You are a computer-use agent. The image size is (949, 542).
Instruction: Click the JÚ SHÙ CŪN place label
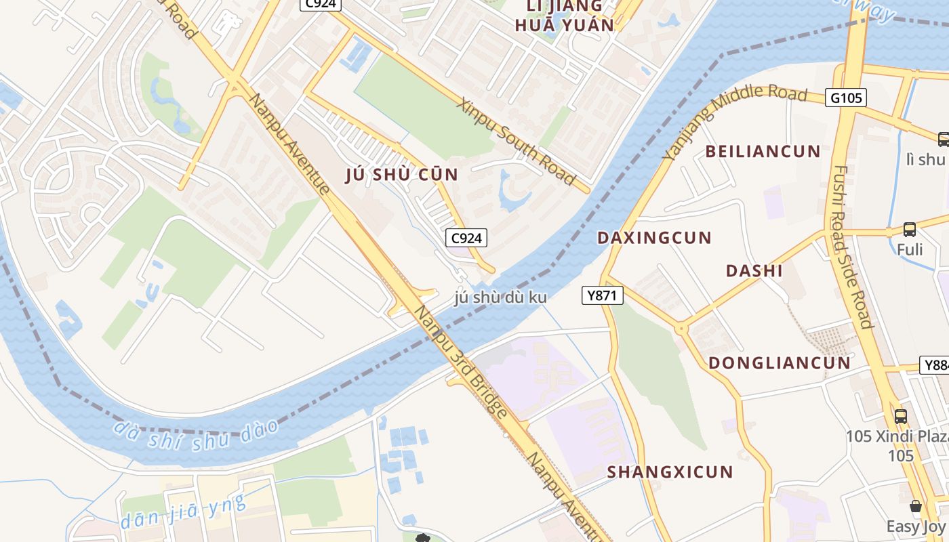click(x=402, y=174)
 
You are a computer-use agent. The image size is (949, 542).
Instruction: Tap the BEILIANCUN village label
click(x=763, y=151)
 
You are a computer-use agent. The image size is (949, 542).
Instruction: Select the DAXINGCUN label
click(x=653, y=238)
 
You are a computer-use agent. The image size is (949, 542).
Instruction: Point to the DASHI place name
click(x=754, y=271)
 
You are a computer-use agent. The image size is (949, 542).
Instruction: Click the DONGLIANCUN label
click(x=779, y=362)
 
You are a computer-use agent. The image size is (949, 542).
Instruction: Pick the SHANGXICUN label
click(x=670, y=472)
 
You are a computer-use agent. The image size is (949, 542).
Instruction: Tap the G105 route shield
click(x=846, y=98)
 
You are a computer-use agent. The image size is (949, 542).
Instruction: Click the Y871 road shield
click(x=602, y=295)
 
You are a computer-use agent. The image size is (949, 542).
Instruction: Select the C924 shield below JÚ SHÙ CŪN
click(x=466, y=238)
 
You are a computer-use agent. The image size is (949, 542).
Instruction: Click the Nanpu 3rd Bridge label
click(x=460, y=362)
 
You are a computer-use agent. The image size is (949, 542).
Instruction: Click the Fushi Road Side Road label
click(x=851, y=247)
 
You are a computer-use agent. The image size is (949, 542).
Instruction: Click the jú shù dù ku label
click(x=500, y=297)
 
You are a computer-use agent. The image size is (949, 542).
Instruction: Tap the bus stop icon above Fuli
click(x=909, y=230)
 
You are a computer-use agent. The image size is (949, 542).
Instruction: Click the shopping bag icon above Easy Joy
click(x=915, y=506)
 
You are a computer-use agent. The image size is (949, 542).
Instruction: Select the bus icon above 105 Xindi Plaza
click(x=900, y=416)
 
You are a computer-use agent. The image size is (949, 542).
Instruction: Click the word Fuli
click(x=910, y=249)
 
